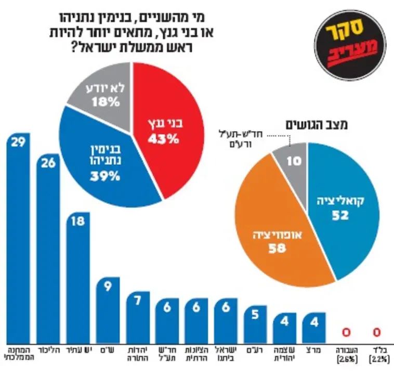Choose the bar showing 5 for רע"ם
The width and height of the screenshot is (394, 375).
click(x=255, y=322)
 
